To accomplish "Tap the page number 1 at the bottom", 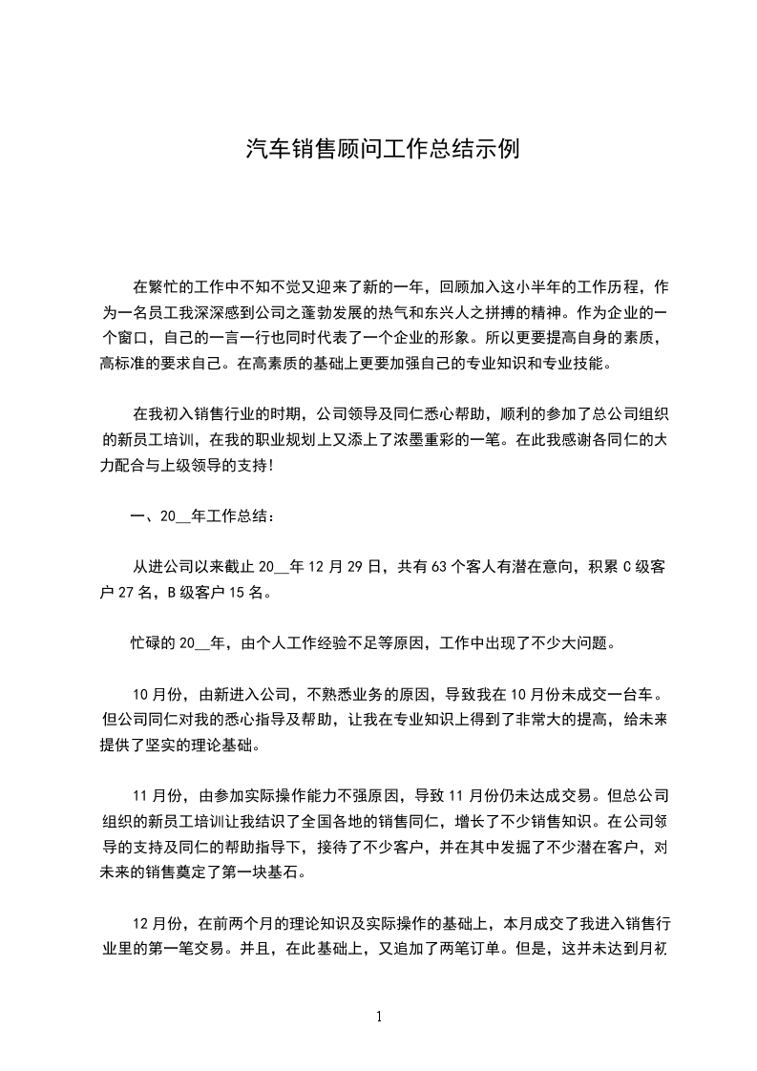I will coord(379,1016).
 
